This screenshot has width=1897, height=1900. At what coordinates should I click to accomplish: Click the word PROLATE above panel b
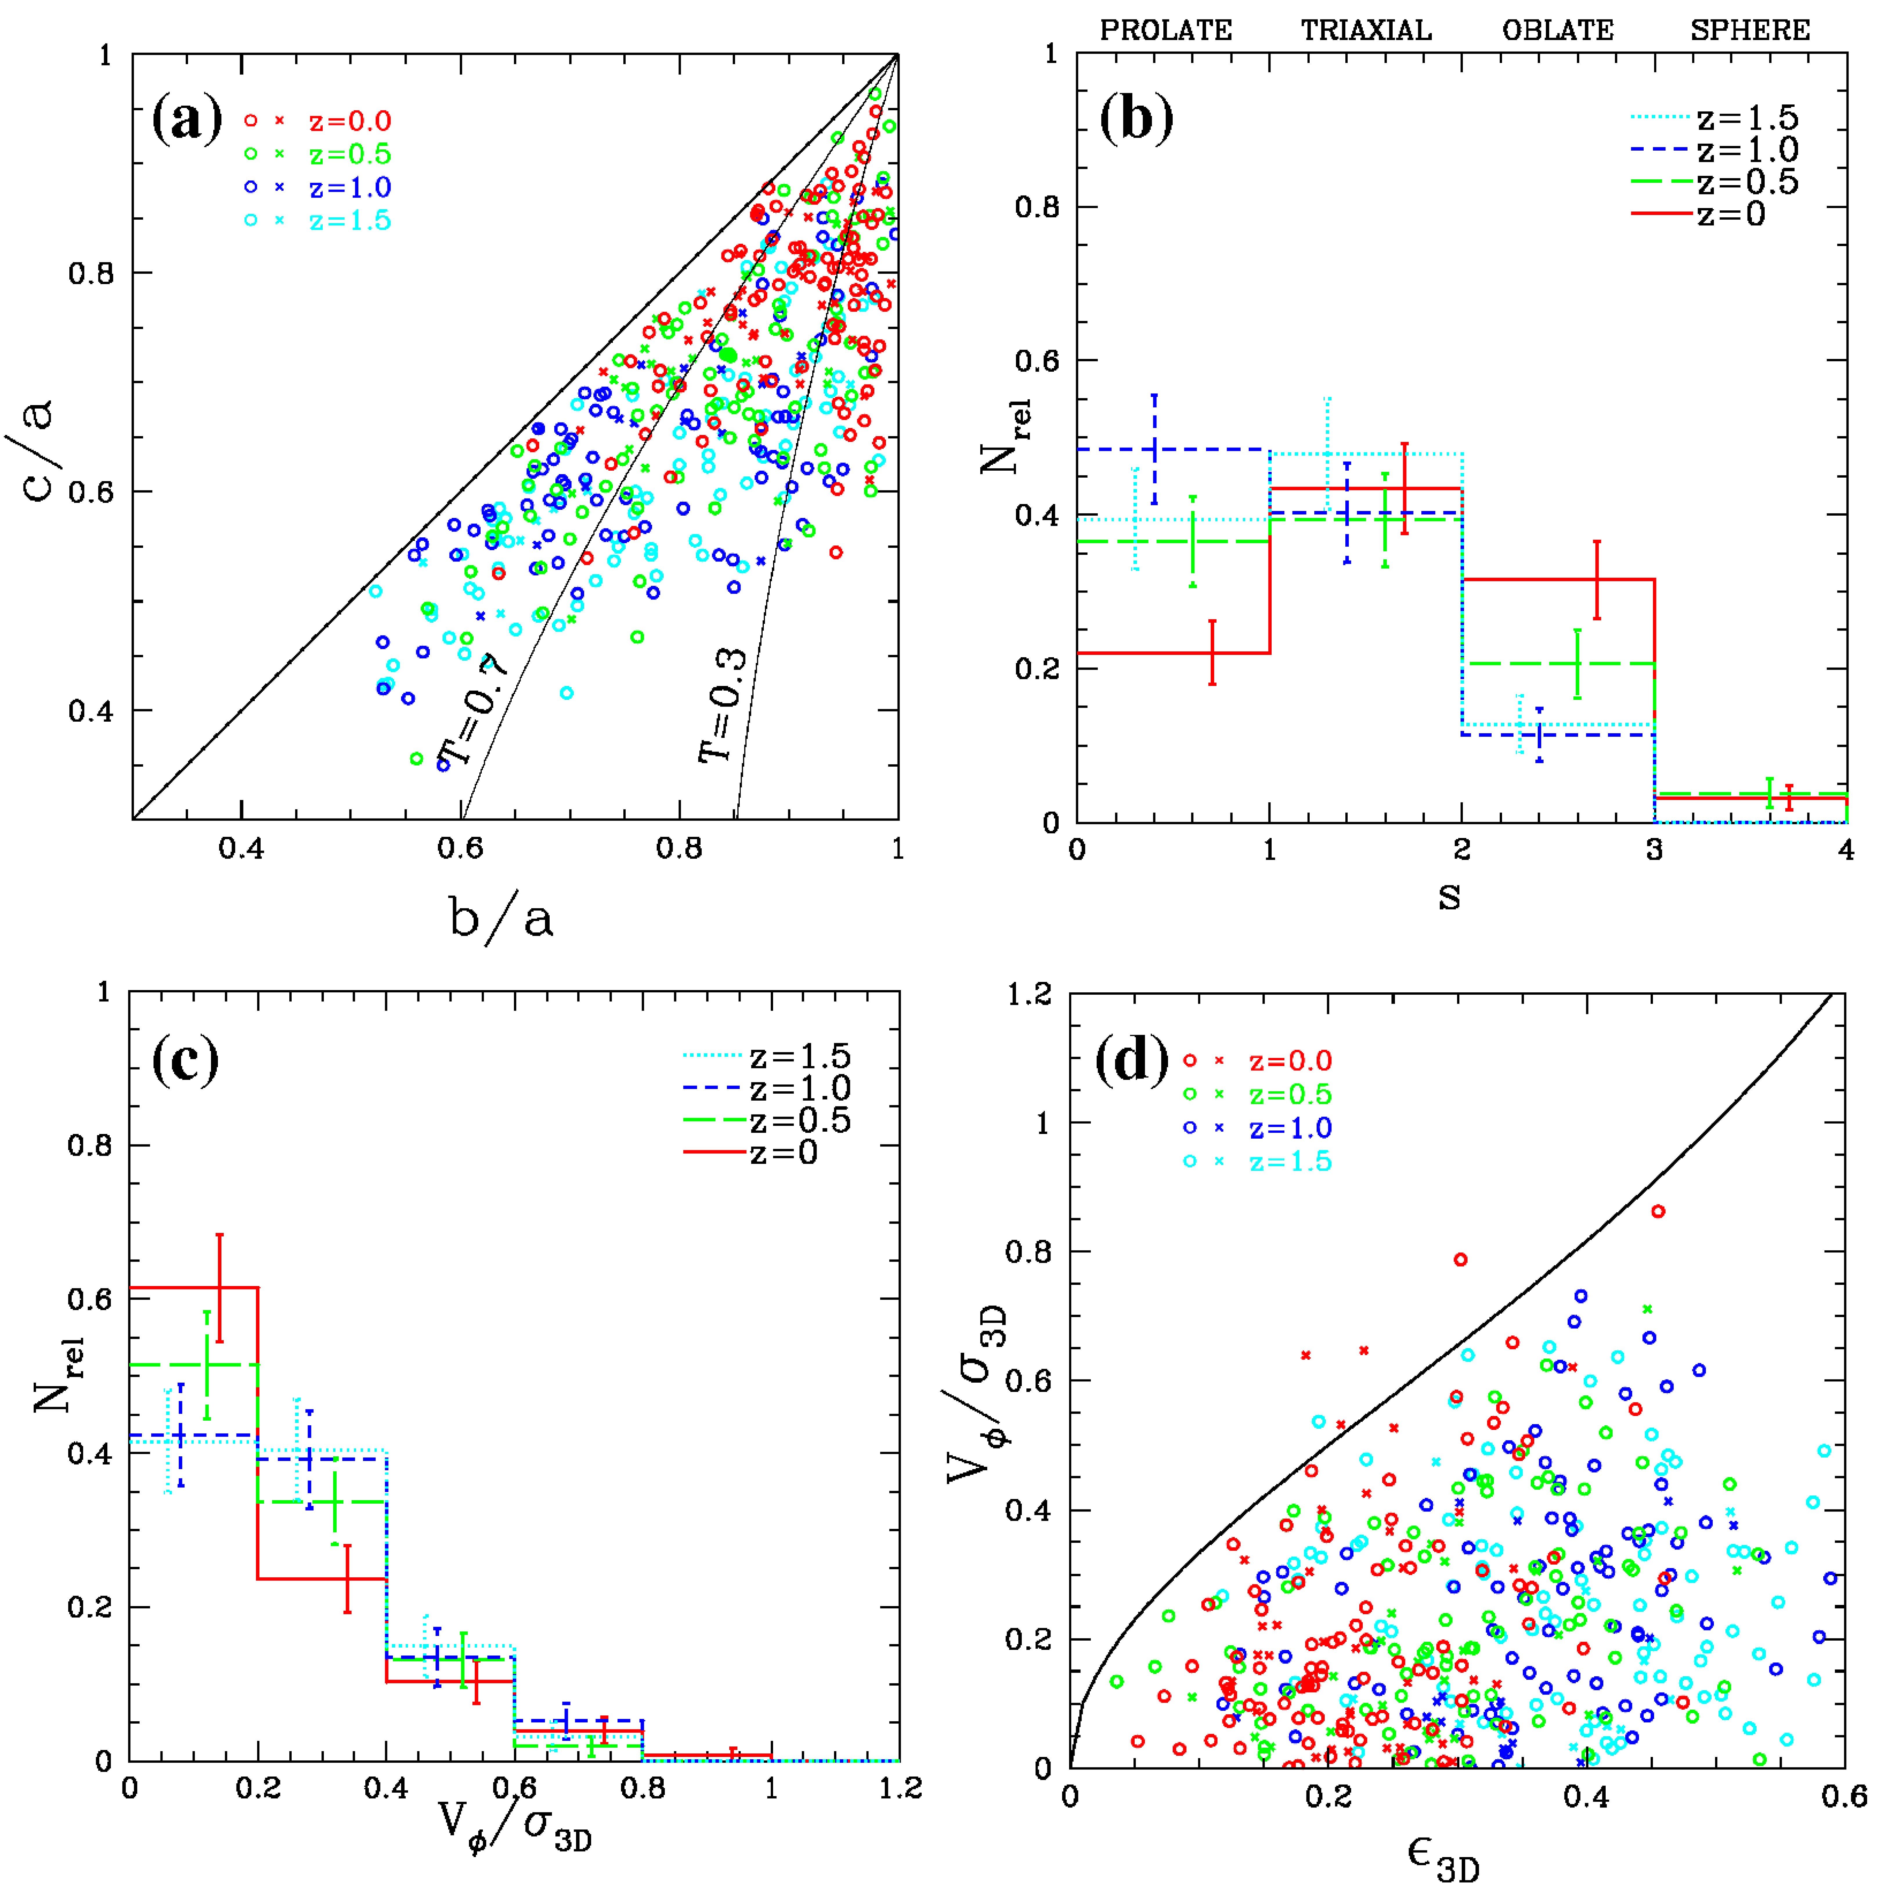tap(1165, 30)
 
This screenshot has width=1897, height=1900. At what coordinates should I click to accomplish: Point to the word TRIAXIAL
tap(1366, 30)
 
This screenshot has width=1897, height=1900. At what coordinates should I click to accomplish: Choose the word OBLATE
tap(1558, 30)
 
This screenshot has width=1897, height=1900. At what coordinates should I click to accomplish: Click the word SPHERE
tap(1750, 30)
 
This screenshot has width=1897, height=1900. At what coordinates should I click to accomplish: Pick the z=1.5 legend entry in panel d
tap(1290, 1162)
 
